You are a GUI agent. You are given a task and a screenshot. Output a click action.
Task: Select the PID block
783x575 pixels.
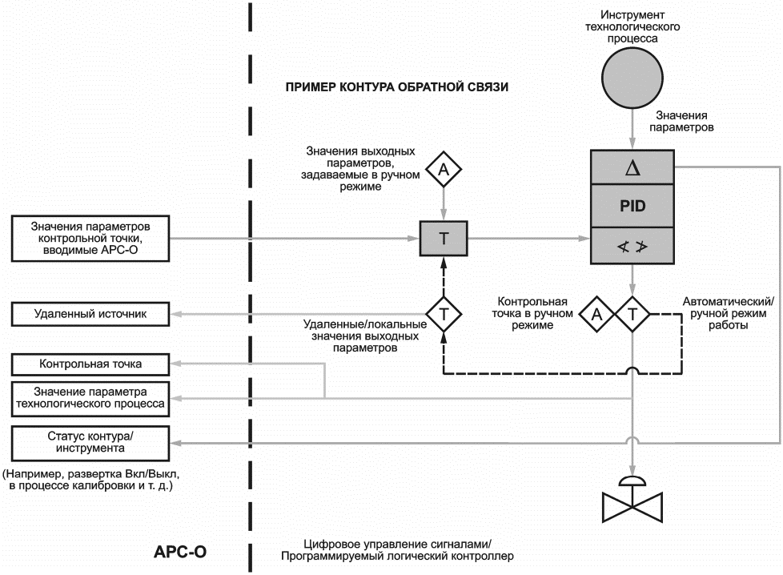point(632,206)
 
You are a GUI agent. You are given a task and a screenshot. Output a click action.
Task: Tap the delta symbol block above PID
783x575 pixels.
point(632,167)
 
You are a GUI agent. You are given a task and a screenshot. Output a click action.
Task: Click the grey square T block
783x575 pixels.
point(444,239)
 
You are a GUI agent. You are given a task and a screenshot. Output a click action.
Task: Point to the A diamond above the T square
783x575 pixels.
point(444,170)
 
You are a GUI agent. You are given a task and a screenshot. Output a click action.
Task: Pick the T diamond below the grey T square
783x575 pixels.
point(444,314)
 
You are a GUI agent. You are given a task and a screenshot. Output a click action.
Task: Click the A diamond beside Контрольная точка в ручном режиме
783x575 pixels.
point(596,314)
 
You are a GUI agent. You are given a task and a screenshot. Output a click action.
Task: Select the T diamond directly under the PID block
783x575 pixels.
point(632,314)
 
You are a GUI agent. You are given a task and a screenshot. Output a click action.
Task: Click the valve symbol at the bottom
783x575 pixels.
point(632,501)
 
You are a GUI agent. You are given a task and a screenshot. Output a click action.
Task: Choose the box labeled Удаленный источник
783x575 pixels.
point(90,314)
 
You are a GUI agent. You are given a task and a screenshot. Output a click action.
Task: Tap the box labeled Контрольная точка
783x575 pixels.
point(90,365)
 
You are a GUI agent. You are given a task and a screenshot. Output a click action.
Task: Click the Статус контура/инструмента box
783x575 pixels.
point(90,442)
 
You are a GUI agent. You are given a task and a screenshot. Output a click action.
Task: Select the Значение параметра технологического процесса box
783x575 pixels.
point(90,398)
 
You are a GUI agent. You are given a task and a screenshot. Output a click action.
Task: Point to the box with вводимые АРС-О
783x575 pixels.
point(90,238)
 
